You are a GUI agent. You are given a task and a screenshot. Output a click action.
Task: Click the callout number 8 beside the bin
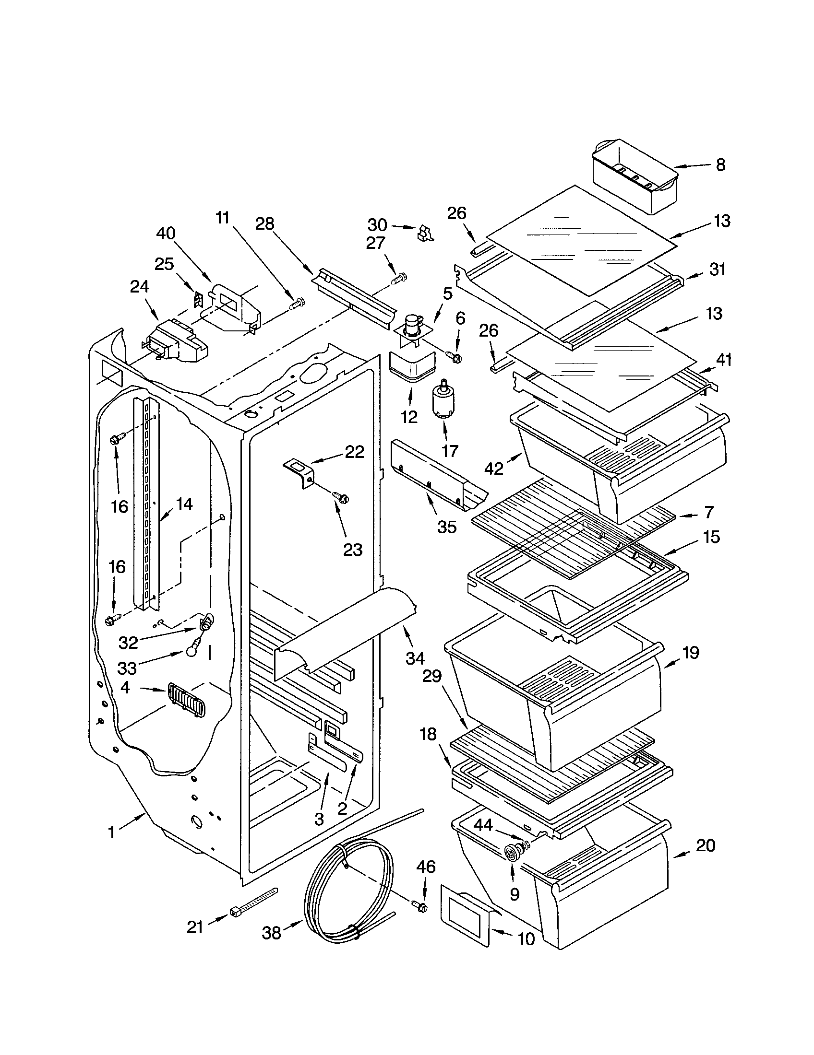point(720,165)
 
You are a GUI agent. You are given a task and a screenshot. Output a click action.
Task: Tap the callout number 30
point(377,225)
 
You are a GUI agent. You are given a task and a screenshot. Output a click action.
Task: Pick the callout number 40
point(166,234)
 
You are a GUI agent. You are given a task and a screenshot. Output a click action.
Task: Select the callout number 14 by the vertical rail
point(184,504)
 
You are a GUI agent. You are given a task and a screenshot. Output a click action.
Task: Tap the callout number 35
point(446,527)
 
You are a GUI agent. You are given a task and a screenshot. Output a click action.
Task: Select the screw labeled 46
point(419,906)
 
